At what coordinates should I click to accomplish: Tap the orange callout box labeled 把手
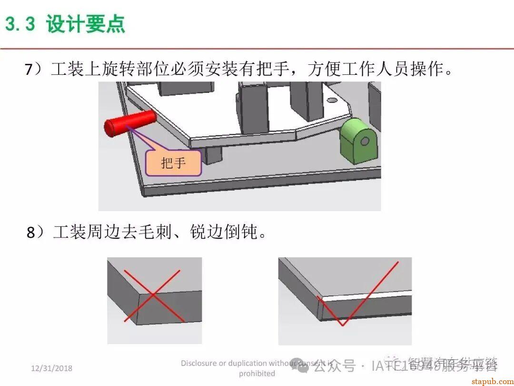click(x=173, y=163)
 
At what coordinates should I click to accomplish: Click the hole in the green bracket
click(x=365, y=142)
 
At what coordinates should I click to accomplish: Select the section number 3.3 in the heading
click(x=20, y=24)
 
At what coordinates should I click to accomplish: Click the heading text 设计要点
click(x=86, y=24)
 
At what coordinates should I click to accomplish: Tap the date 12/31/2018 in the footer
click(x=52, y=368)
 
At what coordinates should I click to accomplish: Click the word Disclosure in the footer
click(x=198, y=363)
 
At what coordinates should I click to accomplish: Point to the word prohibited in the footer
click(x=257, y=373)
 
